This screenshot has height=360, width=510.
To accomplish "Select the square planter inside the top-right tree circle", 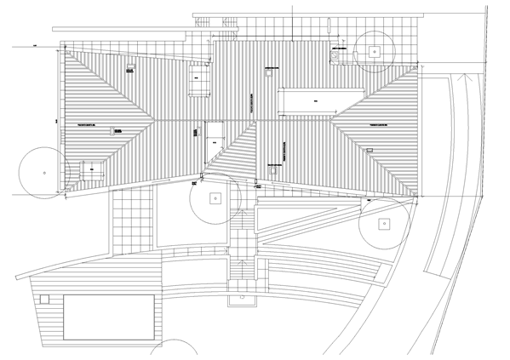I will (373, 51).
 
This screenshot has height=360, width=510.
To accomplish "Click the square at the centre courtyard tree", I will (215, 198).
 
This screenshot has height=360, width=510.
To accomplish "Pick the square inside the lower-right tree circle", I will (383, 225).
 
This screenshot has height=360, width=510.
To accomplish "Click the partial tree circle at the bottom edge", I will (179, 351).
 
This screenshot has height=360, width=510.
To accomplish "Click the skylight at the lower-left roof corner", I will (91, 170).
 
